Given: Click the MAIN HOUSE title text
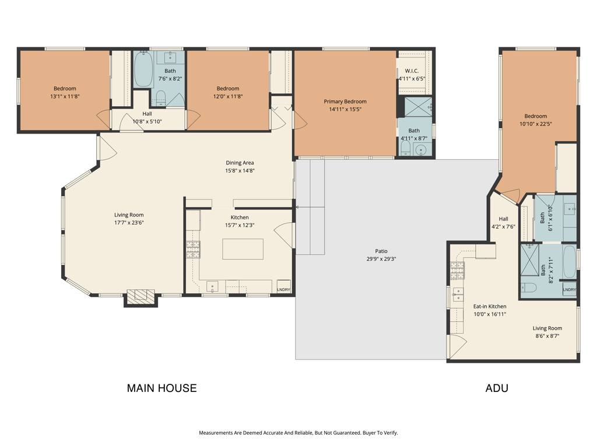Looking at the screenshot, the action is tap(162, 388).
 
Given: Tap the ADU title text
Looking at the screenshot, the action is tap(497, 388).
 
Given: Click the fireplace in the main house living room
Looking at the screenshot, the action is tap(141, 297).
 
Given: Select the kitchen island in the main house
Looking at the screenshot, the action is tap(243, 249).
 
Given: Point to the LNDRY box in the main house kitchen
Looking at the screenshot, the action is tap(284, 287).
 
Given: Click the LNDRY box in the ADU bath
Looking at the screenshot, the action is tap(569, 289).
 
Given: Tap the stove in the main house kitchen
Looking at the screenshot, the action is tap(193, 250).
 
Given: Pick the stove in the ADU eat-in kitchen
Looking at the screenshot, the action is tap(457, 271).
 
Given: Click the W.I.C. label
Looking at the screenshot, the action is tap(412, 71).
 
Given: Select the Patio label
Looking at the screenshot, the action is tap(381, 251).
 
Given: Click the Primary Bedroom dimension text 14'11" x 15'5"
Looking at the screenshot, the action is tap(345, 109).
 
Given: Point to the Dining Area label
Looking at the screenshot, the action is tap(240, 163).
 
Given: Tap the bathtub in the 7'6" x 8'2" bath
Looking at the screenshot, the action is tap(143, 69).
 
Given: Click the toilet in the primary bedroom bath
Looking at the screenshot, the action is tap(405, 148).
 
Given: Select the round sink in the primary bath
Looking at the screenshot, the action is tap(421, 150).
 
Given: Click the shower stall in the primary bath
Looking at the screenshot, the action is tap(418, 107).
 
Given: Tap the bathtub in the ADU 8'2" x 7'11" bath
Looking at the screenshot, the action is tap(569, 261).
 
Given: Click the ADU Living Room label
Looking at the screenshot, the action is tap(547, 328).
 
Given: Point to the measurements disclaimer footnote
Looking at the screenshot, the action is tap(298, 433).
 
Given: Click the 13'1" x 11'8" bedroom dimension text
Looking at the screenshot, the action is tap(65, 96).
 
